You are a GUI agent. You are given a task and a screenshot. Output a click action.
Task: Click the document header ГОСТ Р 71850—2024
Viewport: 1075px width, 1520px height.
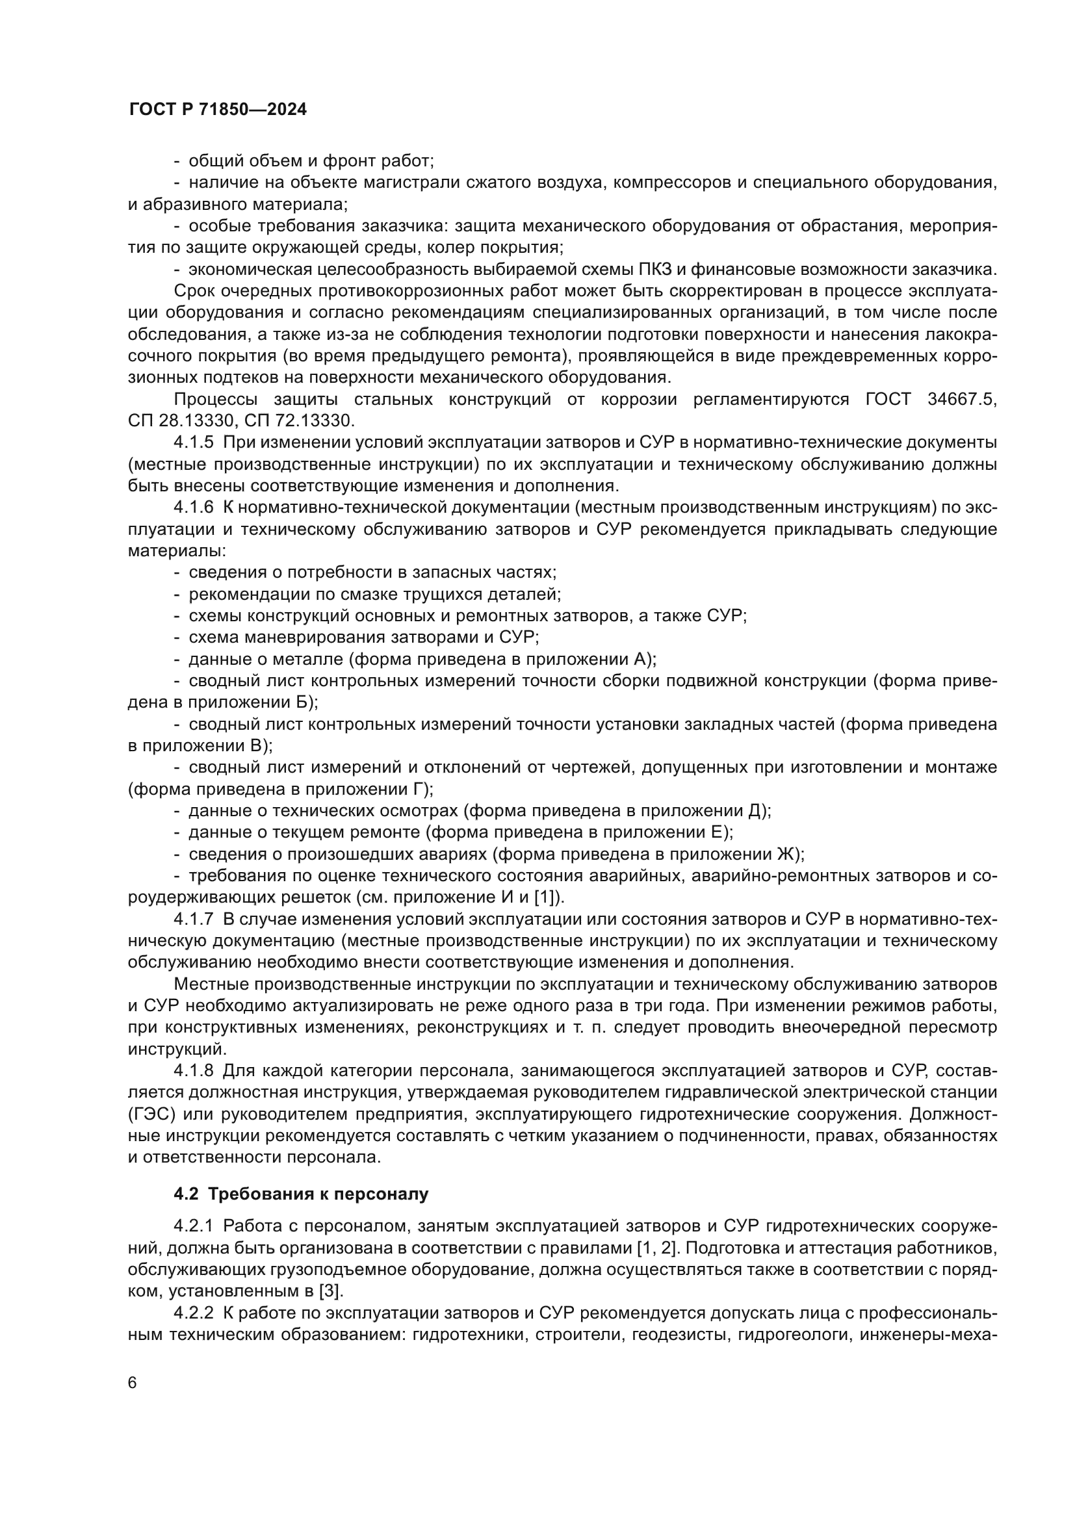point(218,110)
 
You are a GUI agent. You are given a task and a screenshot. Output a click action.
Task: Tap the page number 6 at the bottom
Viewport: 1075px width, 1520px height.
point(133,1384)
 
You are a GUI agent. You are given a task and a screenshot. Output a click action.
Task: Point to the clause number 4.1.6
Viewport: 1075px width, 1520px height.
point(194,508)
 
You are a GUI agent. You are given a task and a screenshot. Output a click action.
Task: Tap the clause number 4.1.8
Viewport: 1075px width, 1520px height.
point(194,1071)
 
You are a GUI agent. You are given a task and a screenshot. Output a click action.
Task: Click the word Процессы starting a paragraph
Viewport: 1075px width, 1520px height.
point(214,399)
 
